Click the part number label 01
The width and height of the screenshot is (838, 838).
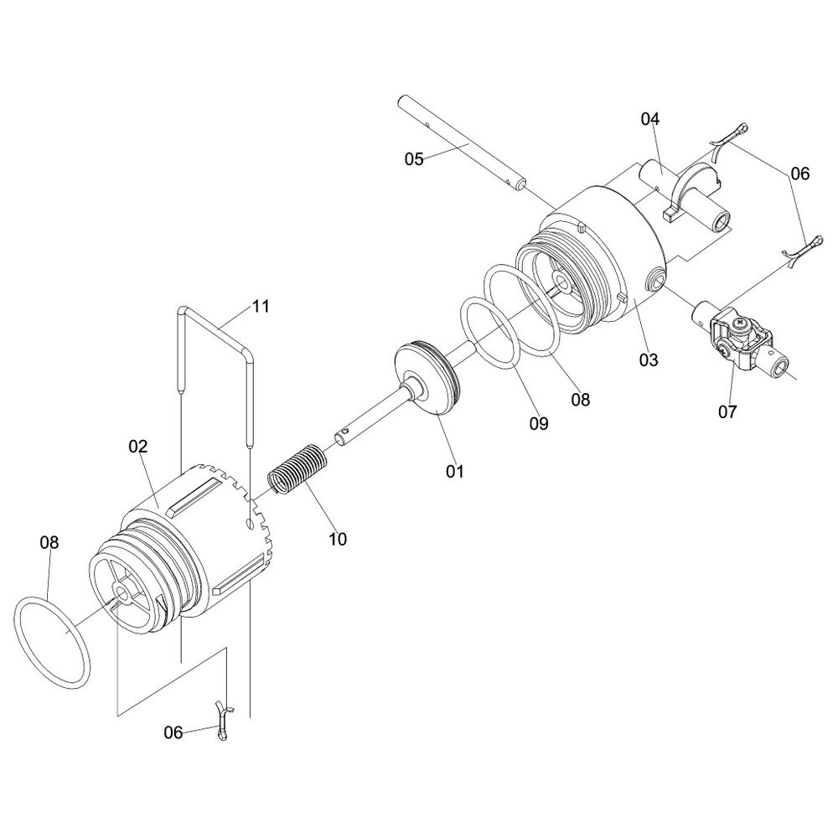pos(455,471)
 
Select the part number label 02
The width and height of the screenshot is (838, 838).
pos(138,446)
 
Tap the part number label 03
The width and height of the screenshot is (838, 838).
pos(649,360)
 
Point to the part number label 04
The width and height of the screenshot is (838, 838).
pos(650,119)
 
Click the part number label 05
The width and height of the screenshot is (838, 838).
pos(414,158)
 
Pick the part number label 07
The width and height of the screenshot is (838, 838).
pos(727,411)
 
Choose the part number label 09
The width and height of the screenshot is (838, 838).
pos(539,423)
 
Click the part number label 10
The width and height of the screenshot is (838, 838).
pos(338,539)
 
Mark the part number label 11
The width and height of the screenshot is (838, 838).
pos(261,306)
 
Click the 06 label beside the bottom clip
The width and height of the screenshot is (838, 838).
pos(173,732)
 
